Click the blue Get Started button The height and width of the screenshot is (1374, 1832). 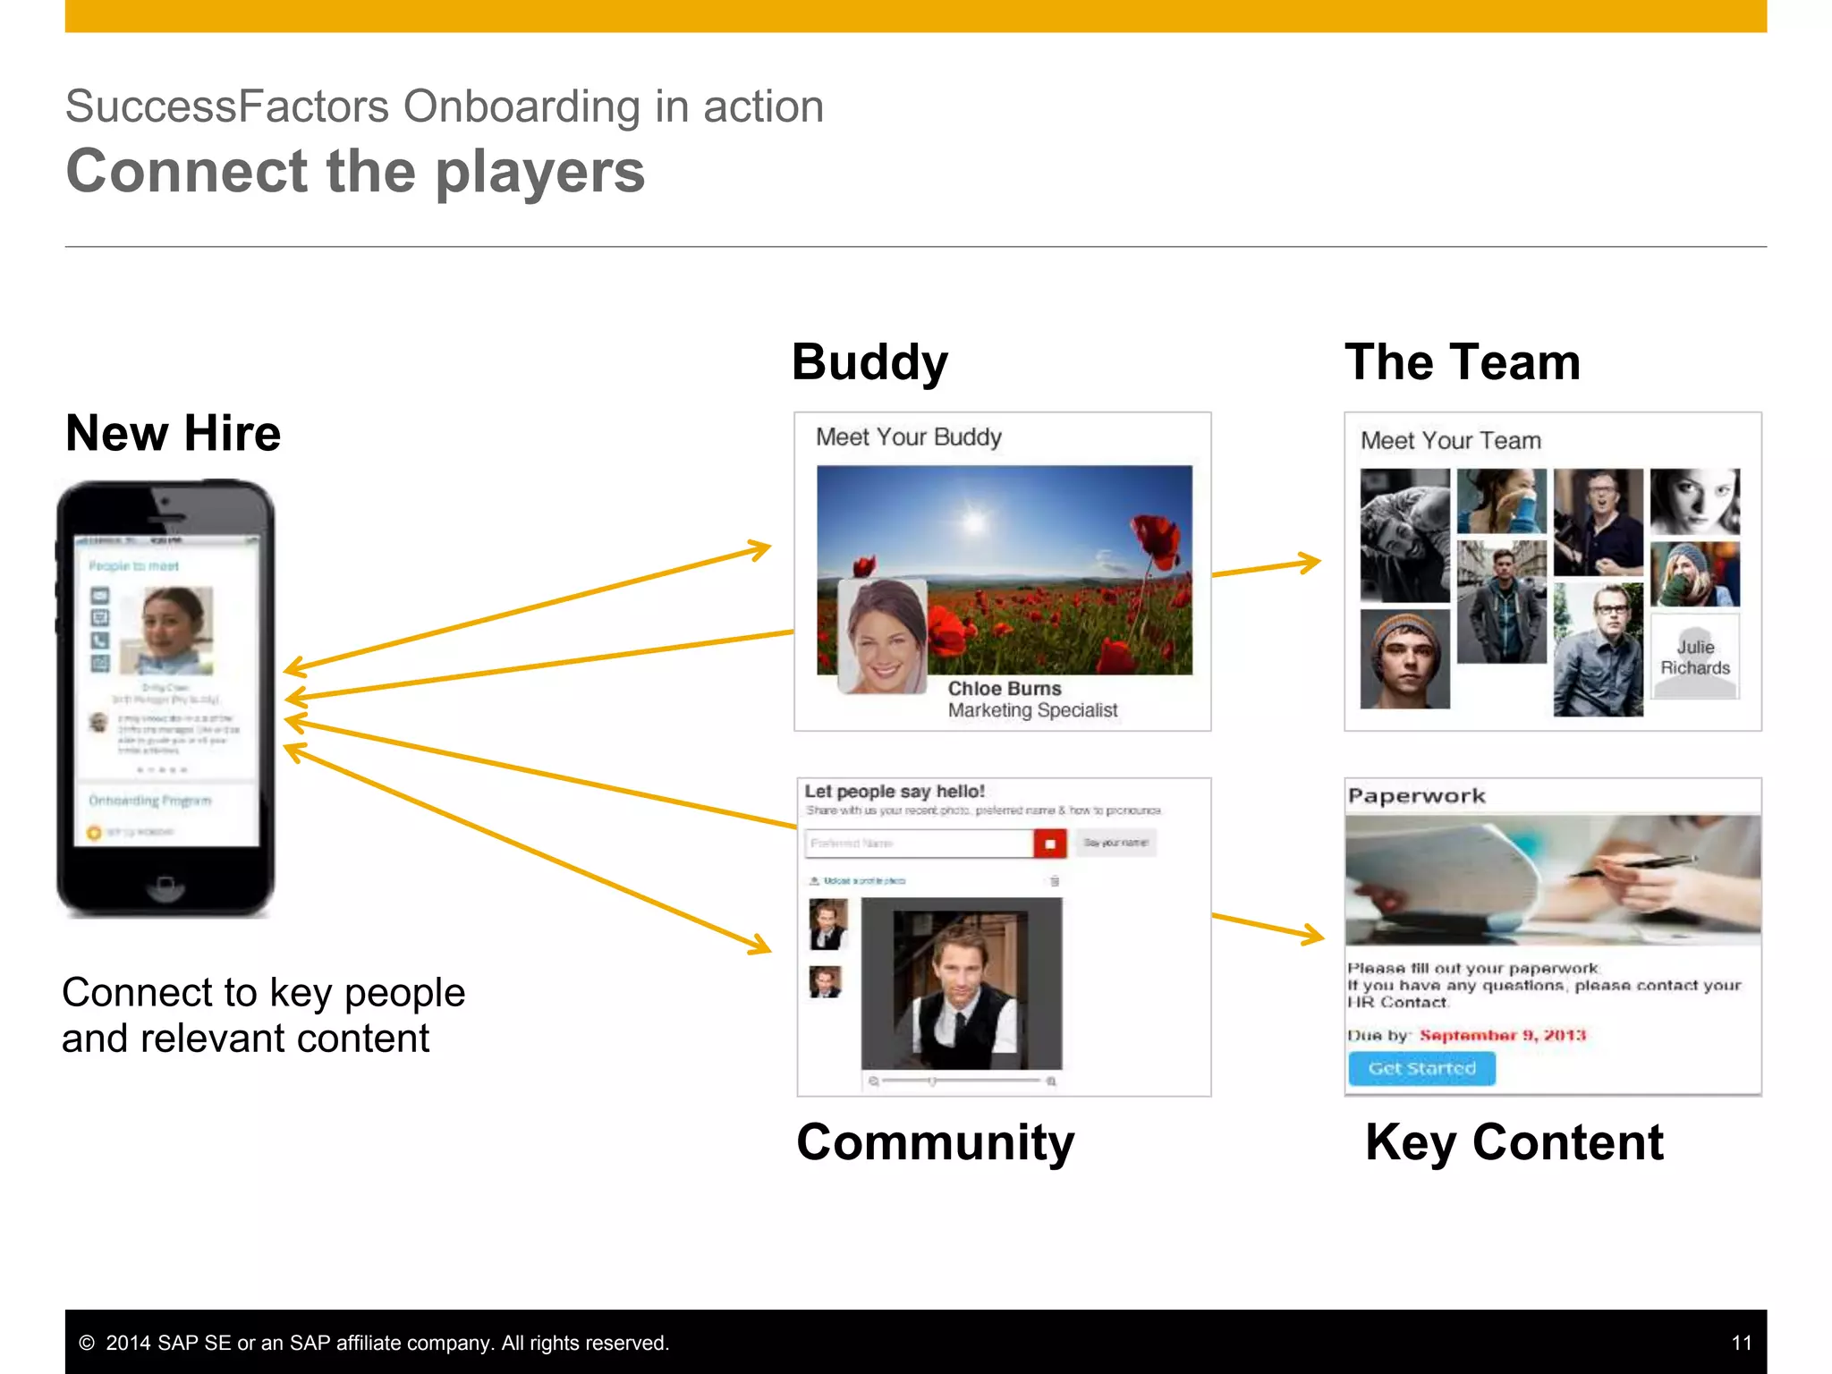1421,1068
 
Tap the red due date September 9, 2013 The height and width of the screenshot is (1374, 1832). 1503,1035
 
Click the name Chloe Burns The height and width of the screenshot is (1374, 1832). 1005,689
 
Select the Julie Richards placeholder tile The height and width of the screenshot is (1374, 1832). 1695,657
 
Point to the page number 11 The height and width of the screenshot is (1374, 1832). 1741,1343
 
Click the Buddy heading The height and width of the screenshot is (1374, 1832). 869,362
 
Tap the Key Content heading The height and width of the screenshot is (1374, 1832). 1514,1142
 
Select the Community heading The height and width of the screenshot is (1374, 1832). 935,1142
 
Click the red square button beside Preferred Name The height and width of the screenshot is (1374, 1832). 1050,844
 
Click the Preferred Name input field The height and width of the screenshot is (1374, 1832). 919,844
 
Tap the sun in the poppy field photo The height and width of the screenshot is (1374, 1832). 974,521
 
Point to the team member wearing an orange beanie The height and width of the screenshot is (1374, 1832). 1404,658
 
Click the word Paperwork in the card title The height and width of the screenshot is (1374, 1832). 1416,796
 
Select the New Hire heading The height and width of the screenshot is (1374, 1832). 174,434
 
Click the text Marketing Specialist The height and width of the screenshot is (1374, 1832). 1032,710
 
